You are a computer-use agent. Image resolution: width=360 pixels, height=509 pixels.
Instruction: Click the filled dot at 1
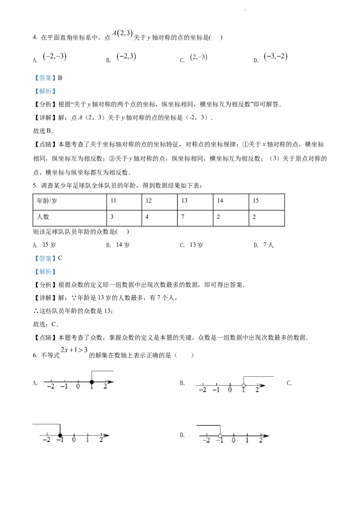click(x=91, y=382)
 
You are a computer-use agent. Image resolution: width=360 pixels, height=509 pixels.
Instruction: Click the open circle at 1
click(x=243, y=385)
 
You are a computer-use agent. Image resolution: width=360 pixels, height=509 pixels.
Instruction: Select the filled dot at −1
click(x=60, y=435)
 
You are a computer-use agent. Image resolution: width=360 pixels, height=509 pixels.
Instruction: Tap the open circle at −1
click(x=220, y=436)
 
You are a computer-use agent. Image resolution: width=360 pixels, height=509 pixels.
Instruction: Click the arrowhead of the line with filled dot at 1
click(x=111, y=382)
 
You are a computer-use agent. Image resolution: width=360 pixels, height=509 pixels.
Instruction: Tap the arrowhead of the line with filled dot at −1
click(x=106, y=435)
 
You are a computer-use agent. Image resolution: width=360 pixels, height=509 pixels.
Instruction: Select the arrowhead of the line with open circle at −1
click(x=266, y=436)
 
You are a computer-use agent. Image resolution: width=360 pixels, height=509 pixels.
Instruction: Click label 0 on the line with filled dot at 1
click(x=78, y=387)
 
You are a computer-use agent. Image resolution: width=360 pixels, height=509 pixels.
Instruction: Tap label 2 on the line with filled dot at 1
click(x=105, y=387)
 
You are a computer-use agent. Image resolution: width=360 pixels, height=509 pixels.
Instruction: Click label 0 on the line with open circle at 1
click(x=230, y=390)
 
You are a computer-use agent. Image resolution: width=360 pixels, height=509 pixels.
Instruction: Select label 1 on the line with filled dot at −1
click(x=87, y=441)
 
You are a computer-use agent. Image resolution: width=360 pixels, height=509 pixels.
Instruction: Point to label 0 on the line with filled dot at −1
click(x=74, y=441)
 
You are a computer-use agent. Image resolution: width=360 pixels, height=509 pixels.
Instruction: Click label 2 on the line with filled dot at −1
click(x=101, y=441)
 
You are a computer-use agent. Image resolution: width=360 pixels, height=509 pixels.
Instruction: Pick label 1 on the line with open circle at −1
click(x=247, y=441)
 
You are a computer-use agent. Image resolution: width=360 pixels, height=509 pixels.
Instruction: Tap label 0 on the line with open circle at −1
click(x=233, y=441)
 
